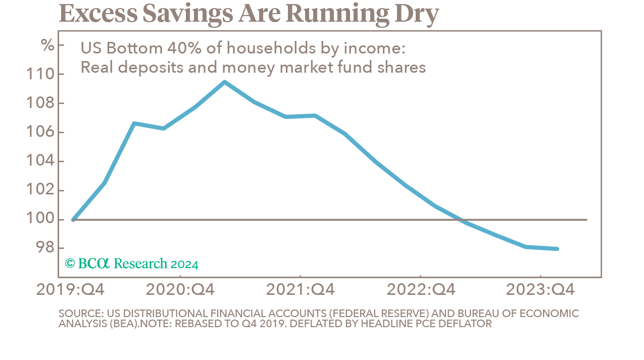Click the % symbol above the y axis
(47, 45)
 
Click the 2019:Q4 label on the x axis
(71, 290)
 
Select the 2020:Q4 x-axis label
(180, 290)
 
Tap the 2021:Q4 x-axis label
(300, 290)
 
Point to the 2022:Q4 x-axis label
(421, 290)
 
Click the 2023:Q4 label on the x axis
(540, 290)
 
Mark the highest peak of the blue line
(224, 82)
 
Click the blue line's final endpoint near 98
(557, 248)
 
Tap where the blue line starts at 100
(74, 220)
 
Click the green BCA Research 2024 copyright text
(132, 264)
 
